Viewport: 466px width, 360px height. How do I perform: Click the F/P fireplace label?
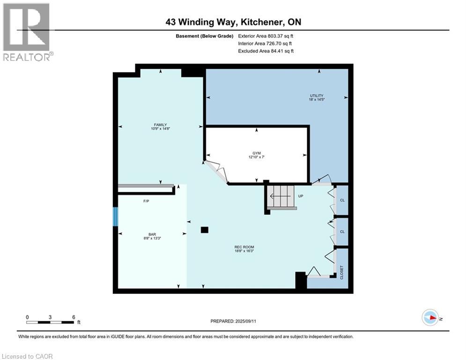(x=146, y=201)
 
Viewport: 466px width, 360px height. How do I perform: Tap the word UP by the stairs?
(x=301, y=196)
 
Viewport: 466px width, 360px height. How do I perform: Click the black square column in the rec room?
(x=204, y=230)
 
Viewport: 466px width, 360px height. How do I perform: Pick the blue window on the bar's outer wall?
(x=116, y=217)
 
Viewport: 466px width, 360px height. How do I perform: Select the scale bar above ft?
(x=50, y=322)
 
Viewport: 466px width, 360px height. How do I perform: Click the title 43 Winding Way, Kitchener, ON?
(x=233, y=22)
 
